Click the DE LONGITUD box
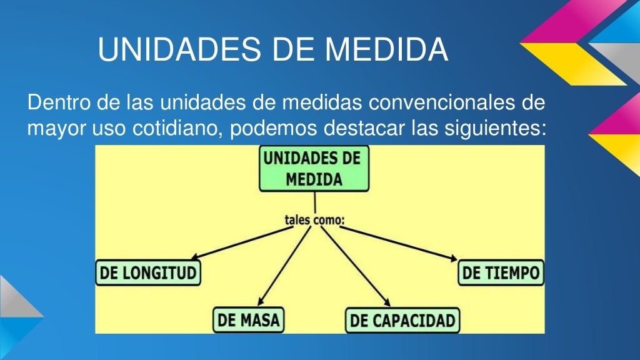[x=148, y=273]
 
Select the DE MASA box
[x=248, y=320]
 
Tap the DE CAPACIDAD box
[x=402, y=321]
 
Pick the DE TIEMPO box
[x=501, y=273]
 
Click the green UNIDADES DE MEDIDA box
[x=314, y=168]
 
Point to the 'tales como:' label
[x=315, y=219]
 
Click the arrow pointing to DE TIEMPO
[x=400, y=243]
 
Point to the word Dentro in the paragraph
[x=56, y=101]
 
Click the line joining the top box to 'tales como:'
[x=315, y=201]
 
